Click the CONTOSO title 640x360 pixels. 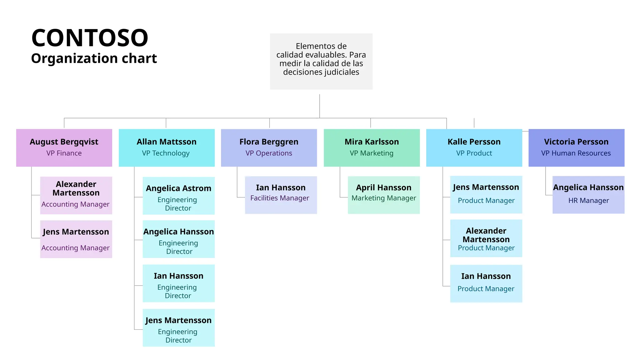point(90,38)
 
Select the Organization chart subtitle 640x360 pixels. point(94,58)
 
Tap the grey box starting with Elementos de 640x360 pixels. point(321,61)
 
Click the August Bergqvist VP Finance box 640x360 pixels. point(64,147)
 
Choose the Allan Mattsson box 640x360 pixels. point(167,147)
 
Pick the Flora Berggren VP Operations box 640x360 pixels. point(269,147)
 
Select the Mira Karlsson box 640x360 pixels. point(372,147)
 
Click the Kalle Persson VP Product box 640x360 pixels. point(474,147)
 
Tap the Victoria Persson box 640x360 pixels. point(576,147)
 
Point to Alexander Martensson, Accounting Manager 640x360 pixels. point(76,195)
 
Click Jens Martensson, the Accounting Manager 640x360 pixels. point(76,239)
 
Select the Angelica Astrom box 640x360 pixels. point(178,196)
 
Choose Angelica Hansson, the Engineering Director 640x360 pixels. point(178,239)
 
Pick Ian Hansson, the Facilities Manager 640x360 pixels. point(281,195)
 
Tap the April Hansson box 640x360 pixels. point(383,195)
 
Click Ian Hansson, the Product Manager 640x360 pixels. point(486,283)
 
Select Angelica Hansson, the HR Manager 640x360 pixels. point(588,195)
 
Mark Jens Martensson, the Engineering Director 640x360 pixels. point(178,327)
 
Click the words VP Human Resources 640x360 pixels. point(576,153)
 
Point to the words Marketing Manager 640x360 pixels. point(383,198)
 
